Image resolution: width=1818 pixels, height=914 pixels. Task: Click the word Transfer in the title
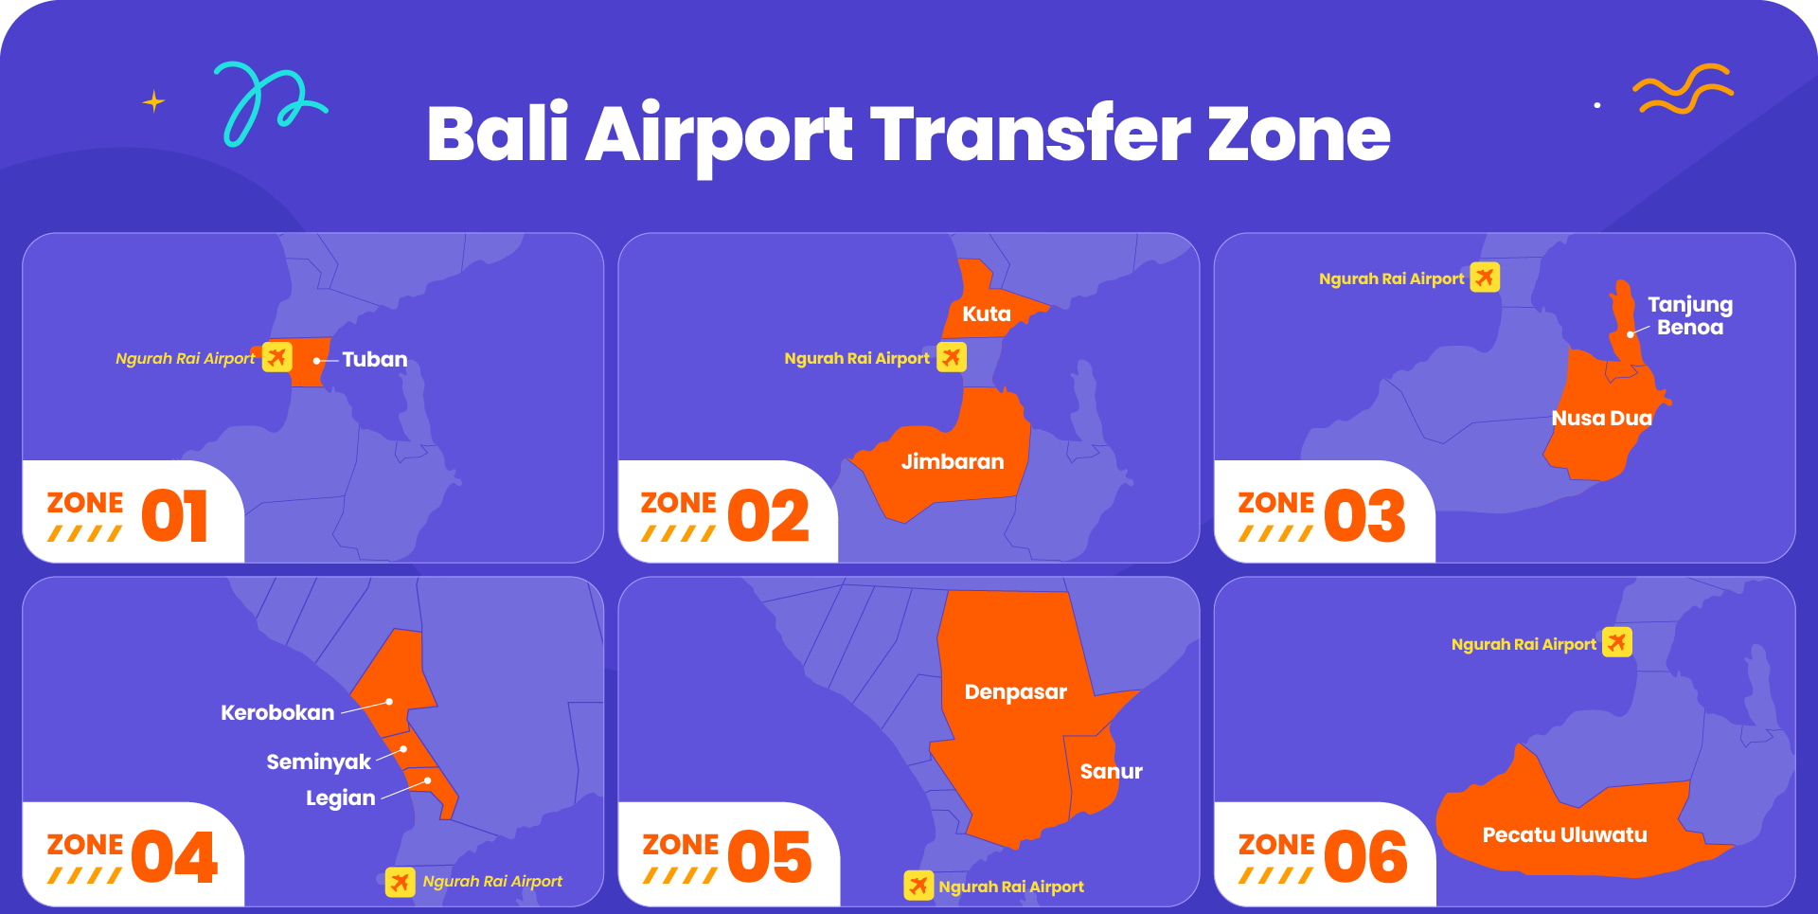(x=1029, y=134)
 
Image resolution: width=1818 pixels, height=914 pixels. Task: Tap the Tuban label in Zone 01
(x=375, y=360)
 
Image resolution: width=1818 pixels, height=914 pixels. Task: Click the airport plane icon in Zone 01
(x=276, y=357)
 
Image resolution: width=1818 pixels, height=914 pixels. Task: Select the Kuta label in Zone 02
(x=987, y=314)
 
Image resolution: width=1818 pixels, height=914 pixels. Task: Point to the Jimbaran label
(x=953, y=462)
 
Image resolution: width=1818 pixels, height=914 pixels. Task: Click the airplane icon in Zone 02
(x=952, y=357)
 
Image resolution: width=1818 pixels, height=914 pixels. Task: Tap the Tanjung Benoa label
(x=1690, y=316)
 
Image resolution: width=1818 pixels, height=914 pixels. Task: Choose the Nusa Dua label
(x=1602, y=419)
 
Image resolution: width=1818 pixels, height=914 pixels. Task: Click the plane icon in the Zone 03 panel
(x=1485, y=278)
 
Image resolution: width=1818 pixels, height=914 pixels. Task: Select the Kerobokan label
(x=277, y=713)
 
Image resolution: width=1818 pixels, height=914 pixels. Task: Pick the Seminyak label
(x=319, y=762)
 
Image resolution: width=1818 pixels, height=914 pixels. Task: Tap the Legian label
(x=341, y=798)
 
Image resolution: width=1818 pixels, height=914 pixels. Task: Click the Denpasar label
(x=1016, y=692)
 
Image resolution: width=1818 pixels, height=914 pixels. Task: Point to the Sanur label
(x=1112, y=772)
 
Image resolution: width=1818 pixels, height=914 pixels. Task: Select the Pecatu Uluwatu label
(x=1565, y=835)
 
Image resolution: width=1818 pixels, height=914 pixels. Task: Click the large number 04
(x=175, y=857)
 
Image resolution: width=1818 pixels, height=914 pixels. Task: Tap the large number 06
(x=1365, y=857)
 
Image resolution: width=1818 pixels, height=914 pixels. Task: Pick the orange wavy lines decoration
(x=1684, y=89)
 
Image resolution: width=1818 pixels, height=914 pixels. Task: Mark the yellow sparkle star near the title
(x=153, y=101)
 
